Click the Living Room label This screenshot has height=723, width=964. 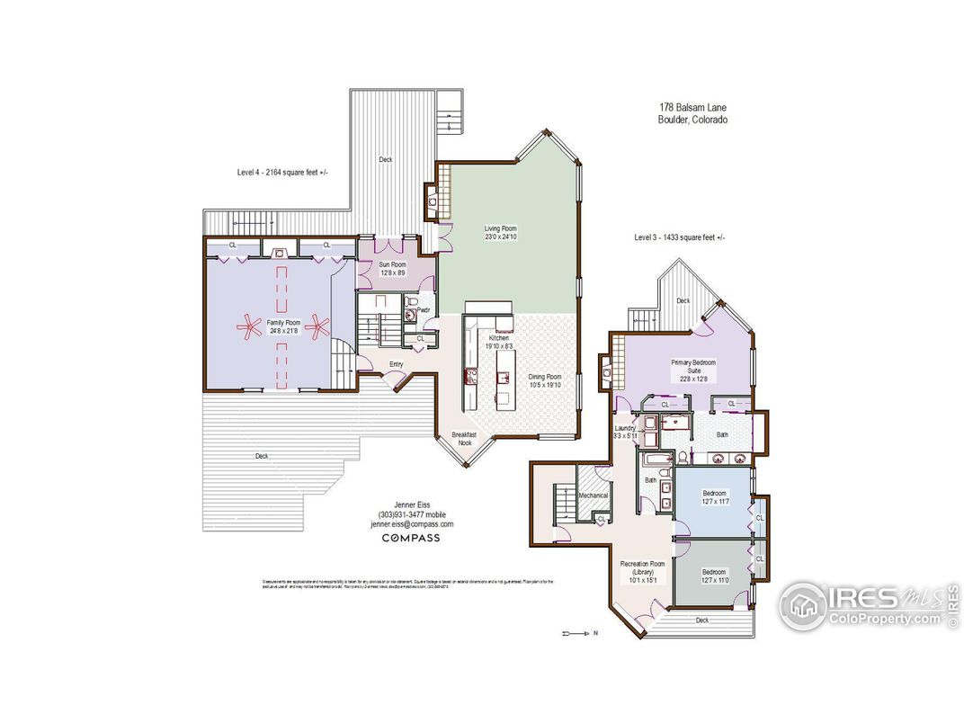tap(501, 233)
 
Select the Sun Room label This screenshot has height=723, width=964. tap(393, 268)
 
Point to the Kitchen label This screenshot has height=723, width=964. tap(499, 342)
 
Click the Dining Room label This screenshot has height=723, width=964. tap(544, 380)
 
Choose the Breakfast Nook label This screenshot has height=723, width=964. tap(465, 438)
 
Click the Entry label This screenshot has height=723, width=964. tap(396, 364)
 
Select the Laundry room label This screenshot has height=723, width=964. tap(626, 432)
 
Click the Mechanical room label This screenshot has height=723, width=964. tap(594, 495)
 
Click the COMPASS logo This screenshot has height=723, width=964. tap(411, 539)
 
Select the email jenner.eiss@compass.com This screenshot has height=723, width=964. tap(412, 523)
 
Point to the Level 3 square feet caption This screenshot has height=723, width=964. tap(679, 237)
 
